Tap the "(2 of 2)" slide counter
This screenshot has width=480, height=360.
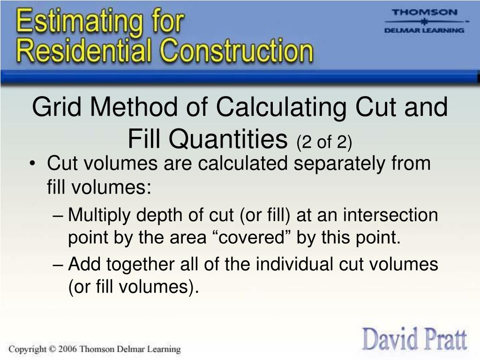(x=323, y=140)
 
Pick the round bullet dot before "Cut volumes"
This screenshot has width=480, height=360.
(x=37, y=164)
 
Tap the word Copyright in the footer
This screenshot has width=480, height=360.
(x=28, y=349)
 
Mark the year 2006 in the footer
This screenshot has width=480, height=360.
(x=67, y=349)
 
